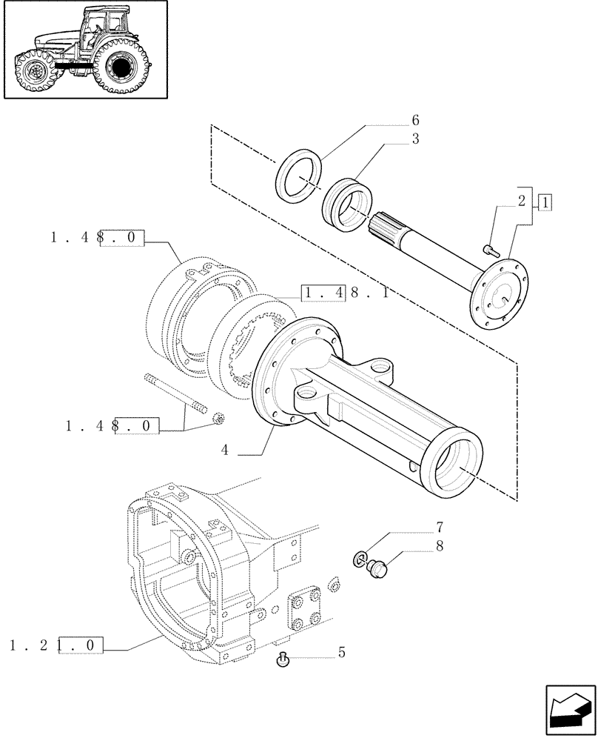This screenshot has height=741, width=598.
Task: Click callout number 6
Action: (415, 121)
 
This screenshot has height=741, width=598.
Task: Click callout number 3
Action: (415, 139)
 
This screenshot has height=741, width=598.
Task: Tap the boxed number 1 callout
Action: (545, 202)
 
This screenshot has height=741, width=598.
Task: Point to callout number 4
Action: (224, 449)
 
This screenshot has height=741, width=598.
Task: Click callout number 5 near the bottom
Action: (341, 653)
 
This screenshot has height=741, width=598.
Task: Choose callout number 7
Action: (439, 528)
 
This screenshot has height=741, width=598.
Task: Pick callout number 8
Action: (439, 548)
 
